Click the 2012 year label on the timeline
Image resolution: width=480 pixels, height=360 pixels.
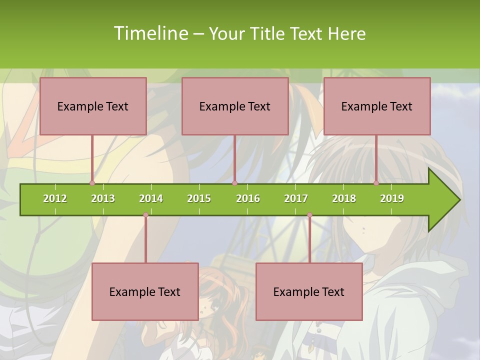point(55,198)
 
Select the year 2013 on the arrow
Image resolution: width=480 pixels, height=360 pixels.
point(103,198)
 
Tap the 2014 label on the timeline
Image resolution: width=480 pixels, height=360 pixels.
point(151,198)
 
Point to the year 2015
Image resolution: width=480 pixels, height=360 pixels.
point(199,198)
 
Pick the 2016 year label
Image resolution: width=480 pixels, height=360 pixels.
point(248,198)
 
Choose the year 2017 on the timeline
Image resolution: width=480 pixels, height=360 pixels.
point(296,198)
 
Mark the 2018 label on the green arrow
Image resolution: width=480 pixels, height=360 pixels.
point(344,198)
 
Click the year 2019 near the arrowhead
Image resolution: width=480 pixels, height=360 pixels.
point(392,198)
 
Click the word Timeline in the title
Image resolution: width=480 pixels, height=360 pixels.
point(149,33)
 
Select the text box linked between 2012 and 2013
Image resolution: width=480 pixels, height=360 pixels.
point(93,106)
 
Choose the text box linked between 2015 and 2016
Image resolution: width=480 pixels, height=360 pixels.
point(235,106)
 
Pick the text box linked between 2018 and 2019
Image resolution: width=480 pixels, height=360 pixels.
point(377,106)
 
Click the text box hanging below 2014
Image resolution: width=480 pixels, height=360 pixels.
point(145,291)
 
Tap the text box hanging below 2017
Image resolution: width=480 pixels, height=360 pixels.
point(309,291)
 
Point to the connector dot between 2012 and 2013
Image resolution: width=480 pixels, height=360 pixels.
point(92,183)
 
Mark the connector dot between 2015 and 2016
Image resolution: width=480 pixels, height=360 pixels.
point(234,183)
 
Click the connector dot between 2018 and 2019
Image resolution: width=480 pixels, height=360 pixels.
point(376,183)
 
